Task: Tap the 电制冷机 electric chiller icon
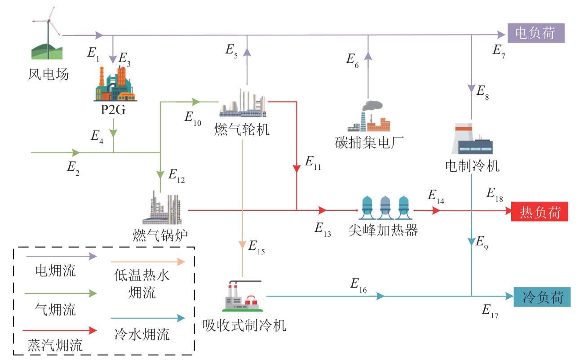[472, 138]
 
